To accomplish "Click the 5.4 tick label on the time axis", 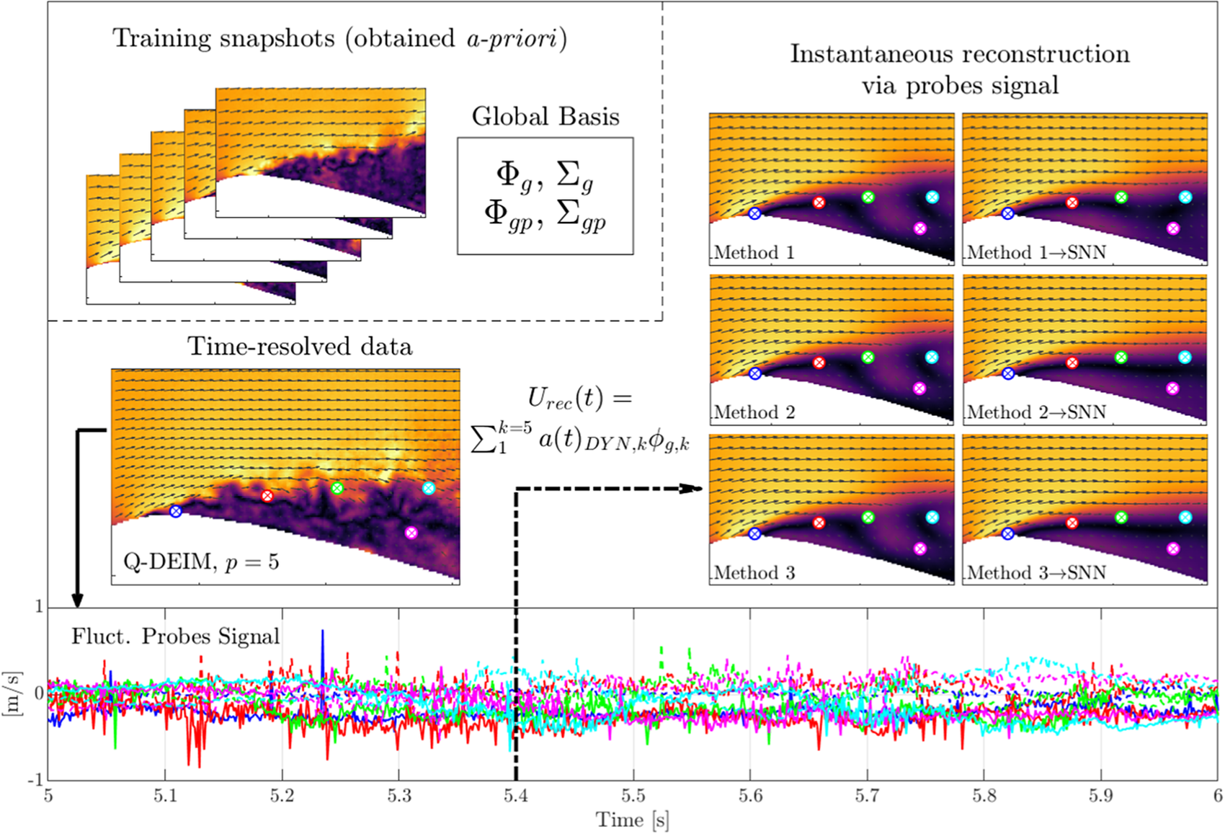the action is (516, 796).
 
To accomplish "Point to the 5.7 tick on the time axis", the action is (868, 796).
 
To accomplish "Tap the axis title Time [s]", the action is (633, 820).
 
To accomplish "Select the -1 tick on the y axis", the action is (35, 779).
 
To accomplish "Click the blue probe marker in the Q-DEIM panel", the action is (175, 511).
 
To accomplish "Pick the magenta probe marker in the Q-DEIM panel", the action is (411, 533).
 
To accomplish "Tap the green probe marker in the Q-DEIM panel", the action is (337, 489).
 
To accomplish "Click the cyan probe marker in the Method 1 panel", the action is (932, 198).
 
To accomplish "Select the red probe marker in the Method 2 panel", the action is (819, 363).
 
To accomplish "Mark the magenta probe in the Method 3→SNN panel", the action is (1172, 549).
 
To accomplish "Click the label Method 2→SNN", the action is (1037, 412).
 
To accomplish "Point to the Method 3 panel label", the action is (754, 572).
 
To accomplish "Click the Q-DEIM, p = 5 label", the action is (201, 562).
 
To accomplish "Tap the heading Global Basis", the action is (545, 117).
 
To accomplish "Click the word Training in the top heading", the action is (161, 39).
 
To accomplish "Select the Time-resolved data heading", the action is (300, 346).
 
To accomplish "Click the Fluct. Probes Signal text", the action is (176, 636).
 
